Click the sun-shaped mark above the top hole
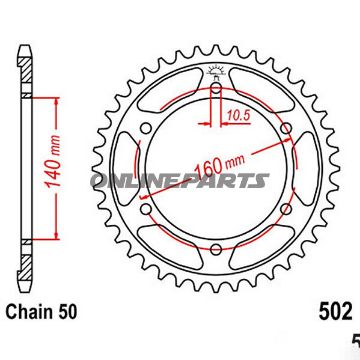point(214,70)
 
